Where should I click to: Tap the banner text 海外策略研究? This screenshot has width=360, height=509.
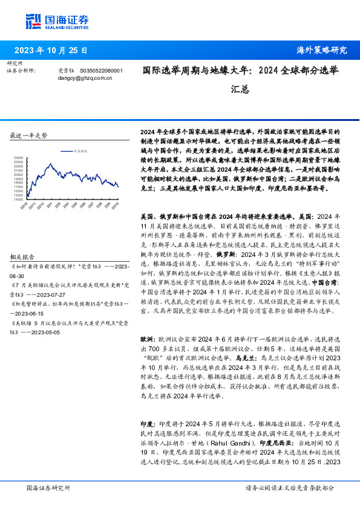click(322, 50)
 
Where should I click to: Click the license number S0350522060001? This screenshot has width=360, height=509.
click(101, 71)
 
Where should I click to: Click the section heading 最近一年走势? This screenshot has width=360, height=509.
click(29, 135)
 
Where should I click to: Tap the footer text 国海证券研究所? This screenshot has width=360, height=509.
click(48, 487)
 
